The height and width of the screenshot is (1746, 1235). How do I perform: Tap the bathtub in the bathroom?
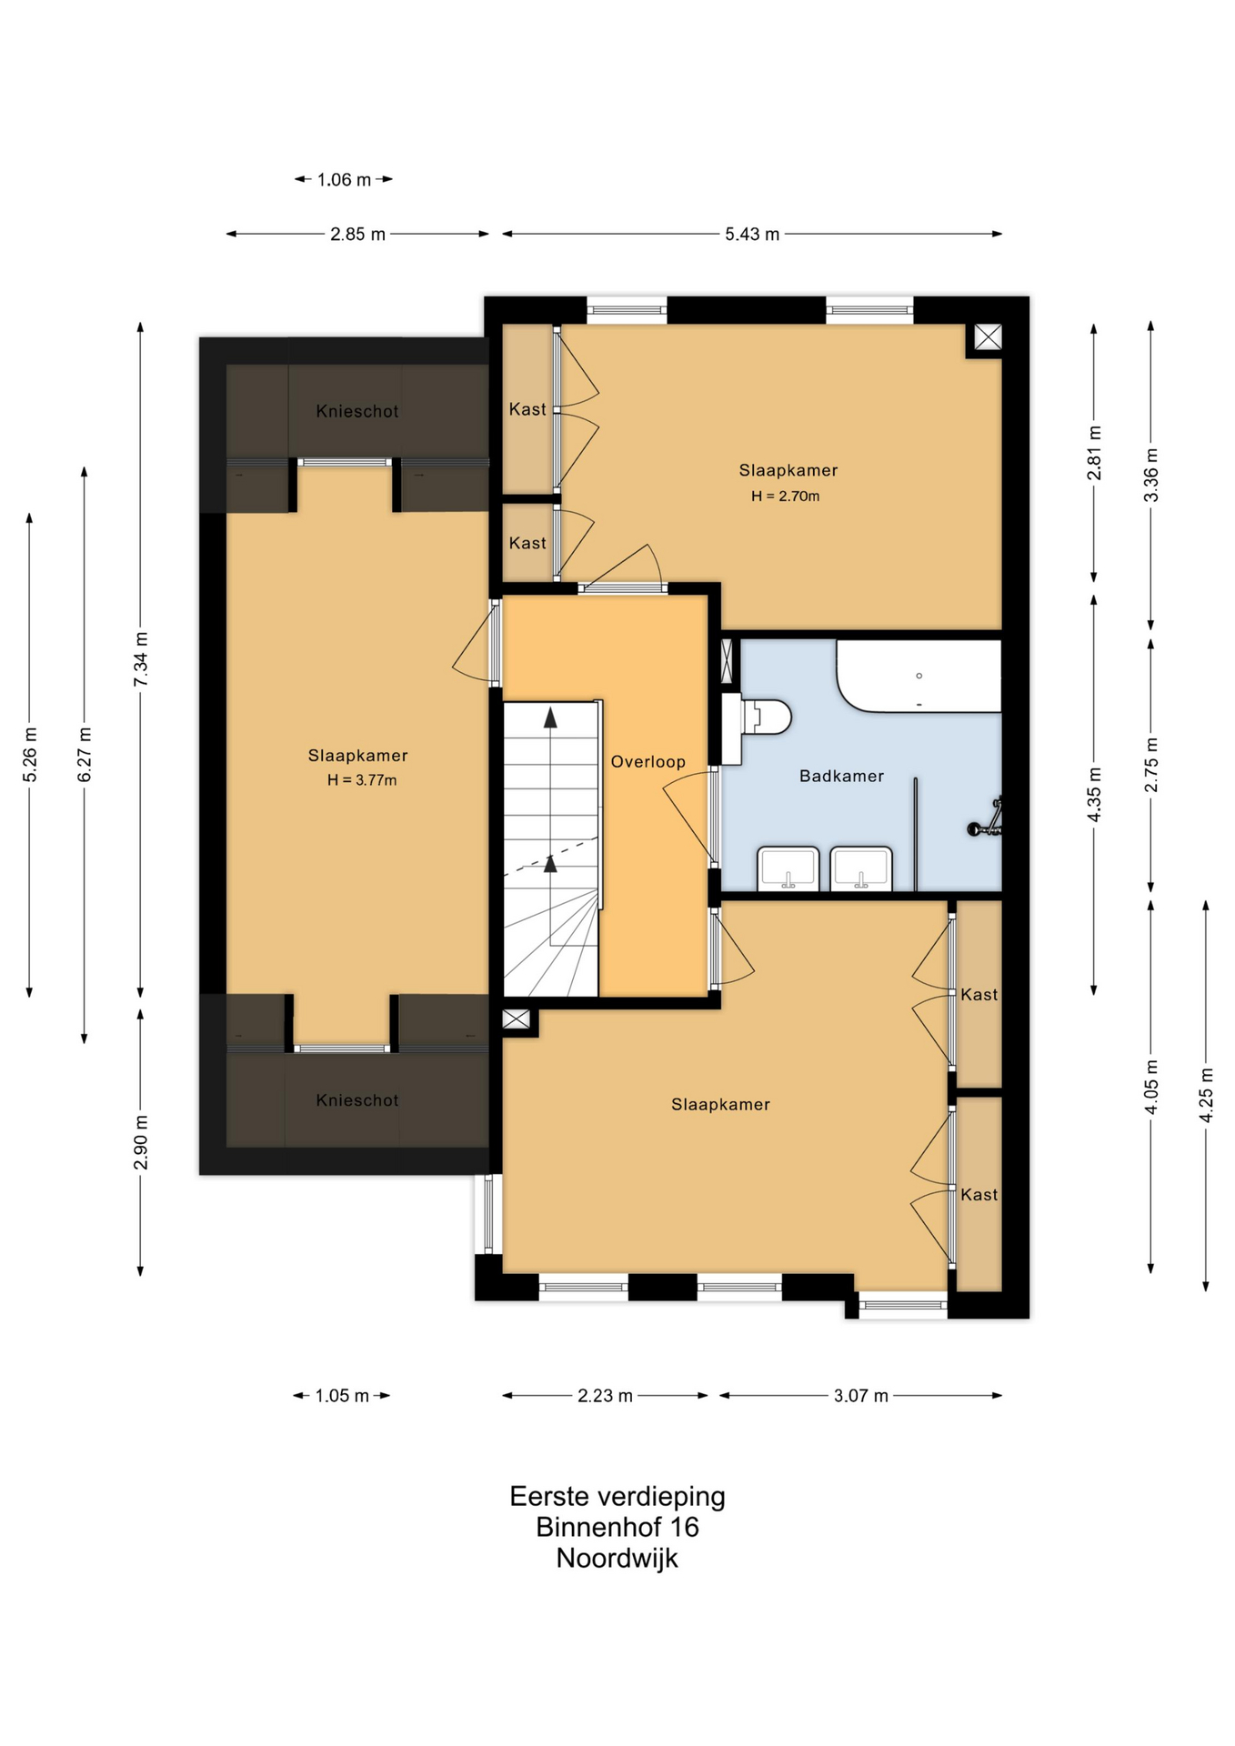pos(919,676)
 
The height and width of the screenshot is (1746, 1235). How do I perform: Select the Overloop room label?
pos(648,762)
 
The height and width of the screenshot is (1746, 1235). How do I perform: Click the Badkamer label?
pos(841,776)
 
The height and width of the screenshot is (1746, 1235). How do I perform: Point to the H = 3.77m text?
pos(362,780)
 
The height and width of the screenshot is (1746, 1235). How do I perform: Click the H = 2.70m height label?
pos(786,497)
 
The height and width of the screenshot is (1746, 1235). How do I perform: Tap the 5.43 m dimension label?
pos(752,234)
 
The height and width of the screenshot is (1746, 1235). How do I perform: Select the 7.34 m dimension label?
pos(141,659)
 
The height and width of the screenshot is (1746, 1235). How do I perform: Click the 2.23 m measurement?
pos(605,1395)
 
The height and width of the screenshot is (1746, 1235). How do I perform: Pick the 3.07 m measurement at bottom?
pos(861,1395)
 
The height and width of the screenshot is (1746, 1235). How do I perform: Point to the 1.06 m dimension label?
pos(344,180)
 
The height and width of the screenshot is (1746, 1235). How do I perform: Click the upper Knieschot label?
pos(357,411)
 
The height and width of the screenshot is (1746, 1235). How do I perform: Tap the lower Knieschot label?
pos(357,1100)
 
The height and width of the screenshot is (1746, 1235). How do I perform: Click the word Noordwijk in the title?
pos(617,1558)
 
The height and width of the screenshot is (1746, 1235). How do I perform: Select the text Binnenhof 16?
pos(617,1527)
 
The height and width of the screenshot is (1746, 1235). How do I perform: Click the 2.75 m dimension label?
pos(1151,763)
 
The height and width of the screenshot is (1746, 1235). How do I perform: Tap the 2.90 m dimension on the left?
pos(141,1142)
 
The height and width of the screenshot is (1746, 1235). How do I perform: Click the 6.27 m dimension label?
pos(85,754)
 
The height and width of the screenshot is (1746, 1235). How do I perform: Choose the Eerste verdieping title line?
pos(617,1496)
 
